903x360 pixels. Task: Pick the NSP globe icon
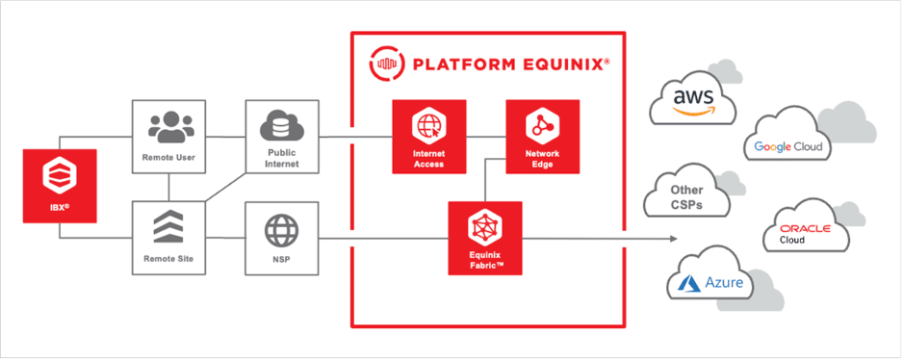[x=282, y=232]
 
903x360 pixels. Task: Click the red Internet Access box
[x=428, y=136]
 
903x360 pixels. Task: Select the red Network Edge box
[x=543, y=136]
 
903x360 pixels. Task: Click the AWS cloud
[x=692, y=100]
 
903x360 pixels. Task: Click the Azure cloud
[x=712, y=282]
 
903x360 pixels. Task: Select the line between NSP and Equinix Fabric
[x=385, y=237]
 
